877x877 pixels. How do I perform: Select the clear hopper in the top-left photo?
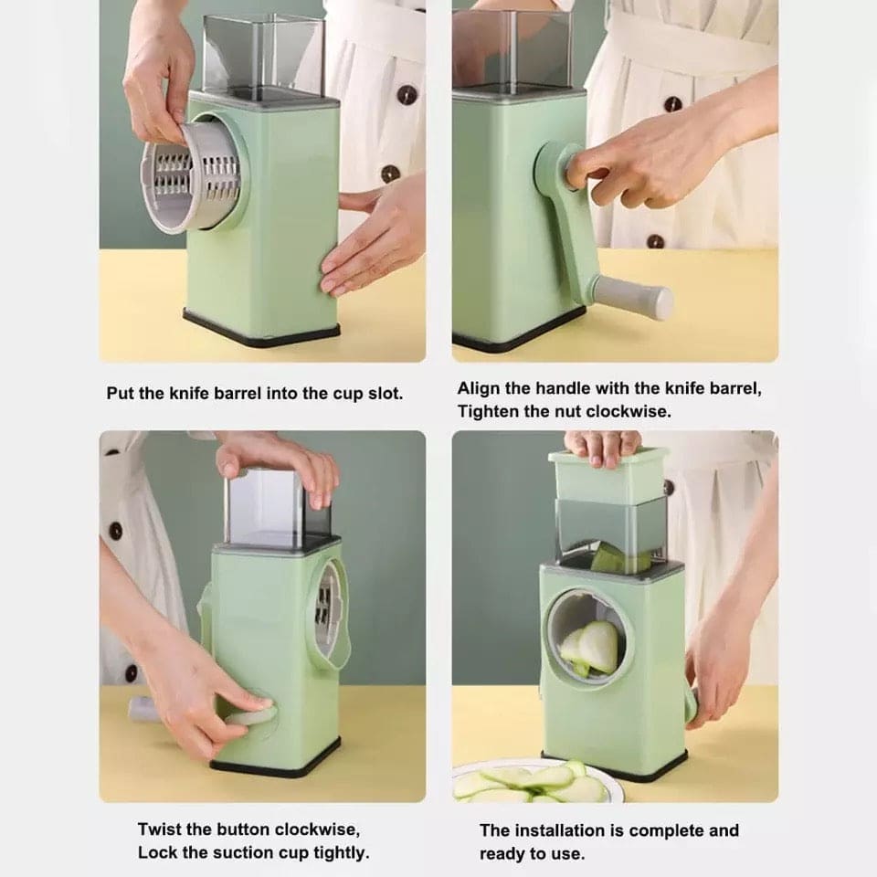261,55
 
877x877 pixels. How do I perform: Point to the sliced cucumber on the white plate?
525,782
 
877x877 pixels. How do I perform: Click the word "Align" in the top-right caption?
478,388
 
